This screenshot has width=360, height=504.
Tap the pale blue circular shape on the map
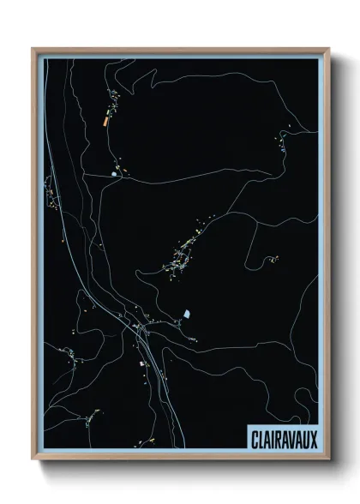coord(114,176)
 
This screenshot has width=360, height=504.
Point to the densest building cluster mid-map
coord(183,254)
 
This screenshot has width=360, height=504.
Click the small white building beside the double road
coord(142,363)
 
